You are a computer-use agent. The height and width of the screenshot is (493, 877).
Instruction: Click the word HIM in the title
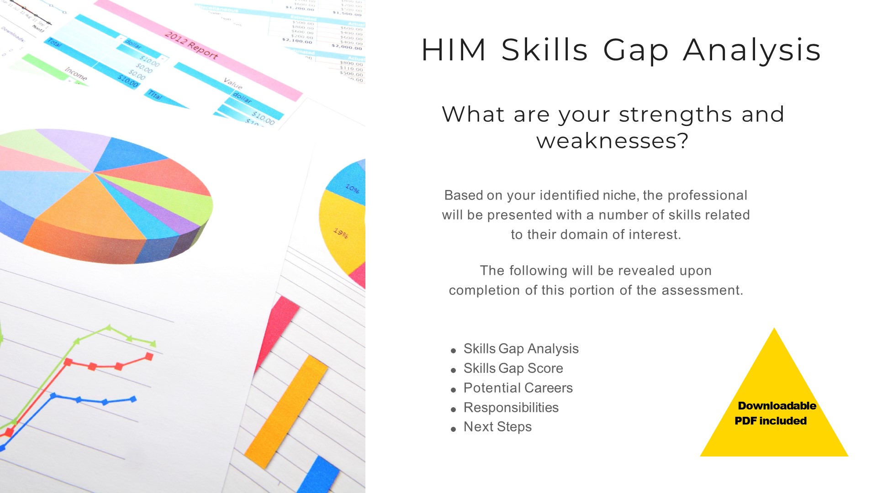[454, 50]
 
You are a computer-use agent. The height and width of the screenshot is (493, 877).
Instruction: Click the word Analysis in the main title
[752, 50]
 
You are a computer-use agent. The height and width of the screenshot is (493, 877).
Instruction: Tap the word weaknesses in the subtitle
[607, 141]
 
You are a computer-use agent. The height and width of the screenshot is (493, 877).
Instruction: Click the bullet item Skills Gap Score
[513, 368]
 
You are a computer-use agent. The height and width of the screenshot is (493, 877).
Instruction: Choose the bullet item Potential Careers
[518, 388]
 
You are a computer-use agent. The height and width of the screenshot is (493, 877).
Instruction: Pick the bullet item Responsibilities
[511, 408]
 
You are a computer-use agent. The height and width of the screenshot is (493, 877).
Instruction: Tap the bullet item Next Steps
[497, 427]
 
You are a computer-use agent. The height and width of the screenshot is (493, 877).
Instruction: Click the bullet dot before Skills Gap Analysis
[453, 351]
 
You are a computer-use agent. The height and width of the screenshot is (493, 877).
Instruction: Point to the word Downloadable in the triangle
[777, 406]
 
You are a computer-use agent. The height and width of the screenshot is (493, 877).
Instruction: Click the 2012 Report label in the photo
[191, 45]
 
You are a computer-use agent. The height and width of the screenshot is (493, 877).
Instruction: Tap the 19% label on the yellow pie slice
[341, 233]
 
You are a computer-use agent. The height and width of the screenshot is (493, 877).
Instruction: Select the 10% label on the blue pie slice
[352, 188]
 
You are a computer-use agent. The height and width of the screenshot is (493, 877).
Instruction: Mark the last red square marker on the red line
[149, 357]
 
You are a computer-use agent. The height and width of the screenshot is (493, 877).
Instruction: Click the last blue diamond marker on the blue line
[133, 399]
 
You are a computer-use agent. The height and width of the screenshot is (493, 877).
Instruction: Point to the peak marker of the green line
[109, 327]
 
